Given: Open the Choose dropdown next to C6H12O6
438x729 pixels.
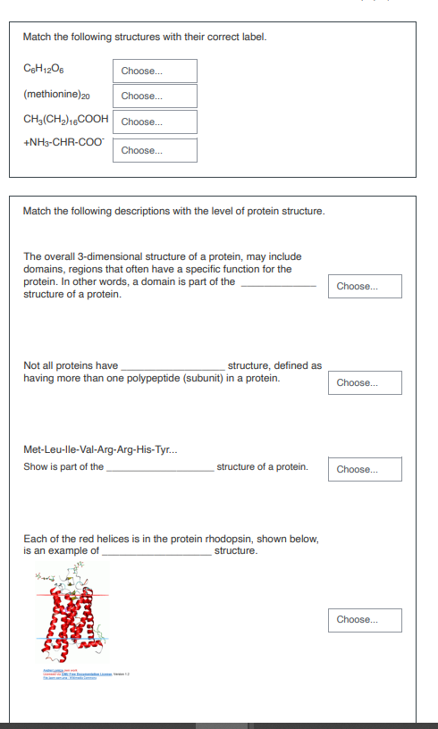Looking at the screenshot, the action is [155, 71].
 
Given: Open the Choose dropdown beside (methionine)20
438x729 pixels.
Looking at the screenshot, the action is [155, 96].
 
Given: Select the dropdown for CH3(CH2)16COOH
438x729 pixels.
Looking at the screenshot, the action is [155, 122].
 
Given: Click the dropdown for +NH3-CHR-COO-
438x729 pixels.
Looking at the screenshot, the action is [155, 151].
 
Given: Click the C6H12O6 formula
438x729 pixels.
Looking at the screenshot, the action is [45, 71].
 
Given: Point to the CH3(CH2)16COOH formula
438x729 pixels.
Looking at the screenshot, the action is [67, 119].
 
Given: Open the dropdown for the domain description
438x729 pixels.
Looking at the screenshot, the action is [365, 287].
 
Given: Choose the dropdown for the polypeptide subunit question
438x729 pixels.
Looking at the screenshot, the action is [365, 383].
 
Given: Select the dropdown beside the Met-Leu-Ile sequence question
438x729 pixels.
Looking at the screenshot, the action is [365, 470].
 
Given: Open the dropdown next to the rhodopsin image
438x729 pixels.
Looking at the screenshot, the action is [365, 620].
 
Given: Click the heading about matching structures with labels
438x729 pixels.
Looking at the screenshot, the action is [145, 37].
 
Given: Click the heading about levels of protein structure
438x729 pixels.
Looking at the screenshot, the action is [174, 212].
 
